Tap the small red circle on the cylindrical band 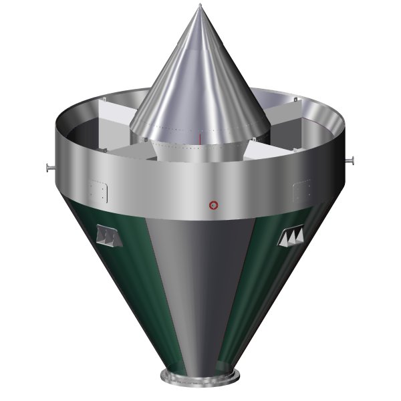[213, 203]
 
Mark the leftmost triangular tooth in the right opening [283, 238]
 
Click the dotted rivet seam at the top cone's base [200, 129]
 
